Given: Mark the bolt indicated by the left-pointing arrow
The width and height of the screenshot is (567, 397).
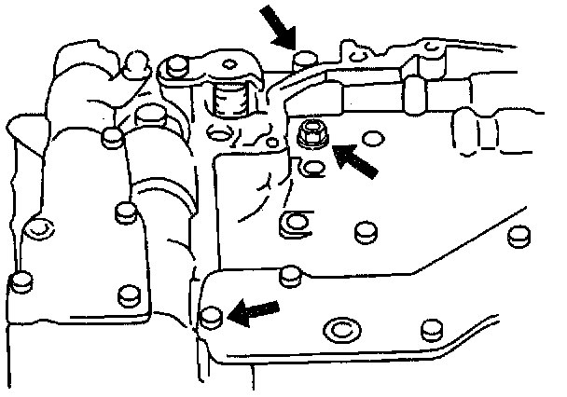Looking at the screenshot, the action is tap(211, 315).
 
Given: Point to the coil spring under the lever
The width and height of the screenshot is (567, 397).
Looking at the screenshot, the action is tap(229, 96).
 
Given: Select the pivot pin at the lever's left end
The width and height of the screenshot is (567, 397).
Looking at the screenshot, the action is tap(173, 66).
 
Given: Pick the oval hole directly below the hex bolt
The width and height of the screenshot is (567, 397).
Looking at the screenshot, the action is tap(314, 169).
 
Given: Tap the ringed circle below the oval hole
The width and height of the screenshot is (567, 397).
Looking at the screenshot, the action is tap(292, 224).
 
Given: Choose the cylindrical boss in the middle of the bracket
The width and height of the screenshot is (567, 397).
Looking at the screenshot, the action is tap(149, 118).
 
